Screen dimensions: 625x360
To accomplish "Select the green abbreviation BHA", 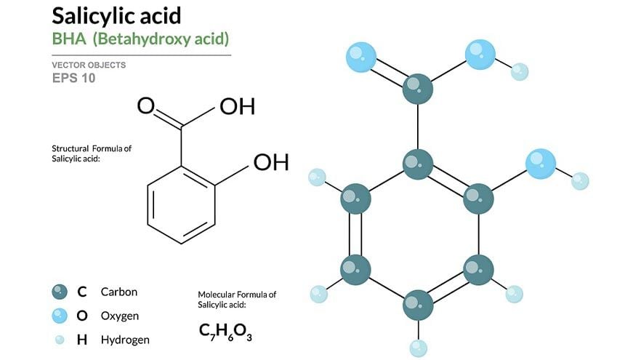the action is [69, 39].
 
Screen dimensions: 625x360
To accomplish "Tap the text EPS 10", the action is [73, 78].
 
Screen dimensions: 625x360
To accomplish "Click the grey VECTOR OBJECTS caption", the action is [89, 65].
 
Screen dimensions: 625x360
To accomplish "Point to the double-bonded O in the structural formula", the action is [146, 106].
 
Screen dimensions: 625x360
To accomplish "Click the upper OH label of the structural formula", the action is [237, 106].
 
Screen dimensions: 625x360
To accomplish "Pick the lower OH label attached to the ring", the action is [271, 162].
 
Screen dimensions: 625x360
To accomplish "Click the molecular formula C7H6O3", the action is [225, 332].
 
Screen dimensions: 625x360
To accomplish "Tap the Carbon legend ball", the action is [60, 292].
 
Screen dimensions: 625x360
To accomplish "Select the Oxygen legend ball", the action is [60, 316].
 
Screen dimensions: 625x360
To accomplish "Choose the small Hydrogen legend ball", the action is [60, 340].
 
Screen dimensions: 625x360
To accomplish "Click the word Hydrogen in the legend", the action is [125, 340].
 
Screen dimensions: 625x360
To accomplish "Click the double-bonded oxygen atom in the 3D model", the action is [361, 57].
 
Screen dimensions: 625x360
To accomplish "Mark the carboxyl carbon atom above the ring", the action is [418, 89].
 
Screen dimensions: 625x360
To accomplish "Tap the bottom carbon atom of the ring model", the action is [418, 305].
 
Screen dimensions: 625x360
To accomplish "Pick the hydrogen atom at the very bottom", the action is [418, 348].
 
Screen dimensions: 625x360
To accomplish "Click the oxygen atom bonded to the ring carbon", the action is [541, 164].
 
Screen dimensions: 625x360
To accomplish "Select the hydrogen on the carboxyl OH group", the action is [520, 72].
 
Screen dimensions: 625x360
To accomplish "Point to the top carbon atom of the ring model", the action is [418, 164].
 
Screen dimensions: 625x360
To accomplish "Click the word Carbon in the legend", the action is [118, 292].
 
